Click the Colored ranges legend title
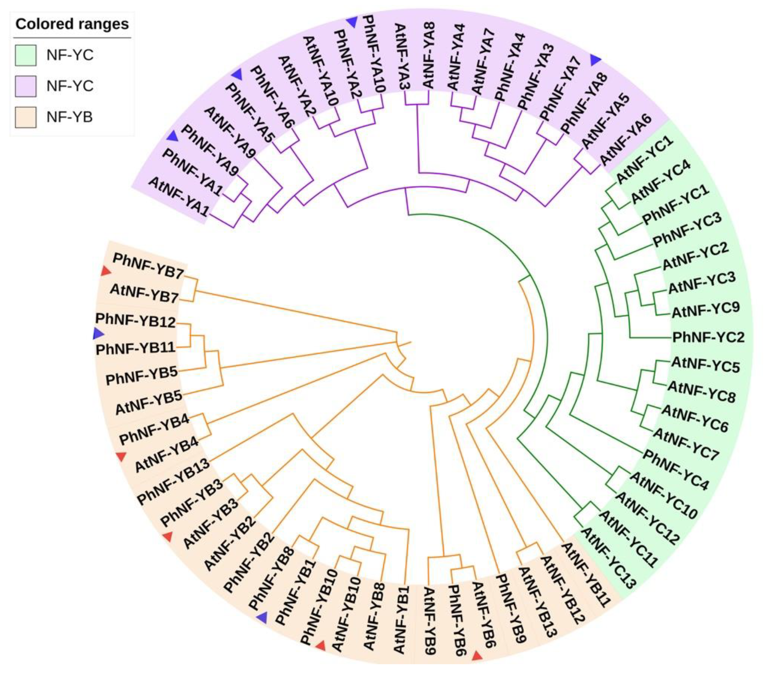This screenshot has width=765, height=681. coord(72,24)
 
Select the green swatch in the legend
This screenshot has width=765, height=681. coord(25,55)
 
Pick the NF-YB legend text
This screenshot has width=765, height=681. coord(70,117)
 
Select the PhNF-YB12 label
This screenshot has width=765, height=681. coord(136,321)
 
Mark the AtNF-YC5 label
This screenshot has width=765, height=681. coord(705,365)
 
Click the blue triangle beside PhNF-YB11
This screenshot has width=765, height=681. coord(98,333)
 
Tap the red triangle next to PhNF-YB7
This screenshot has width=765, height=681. coord(106,271)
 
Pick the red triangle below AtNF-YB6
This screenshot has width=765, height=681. coord(477,656)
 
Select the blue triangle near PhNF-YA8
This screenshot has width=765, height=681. coord(596,60)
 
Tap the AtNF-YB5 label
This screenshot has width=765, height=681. coord(148,403)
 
